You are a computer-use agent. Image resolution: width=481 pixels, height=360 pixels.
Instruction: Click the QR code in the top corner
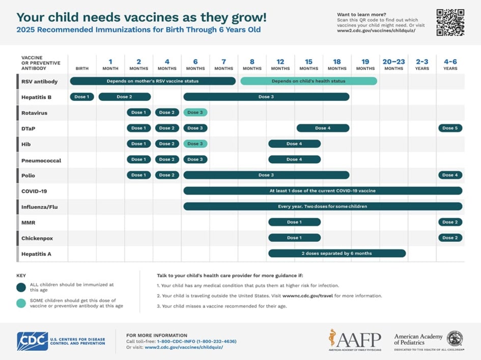click(450, 22)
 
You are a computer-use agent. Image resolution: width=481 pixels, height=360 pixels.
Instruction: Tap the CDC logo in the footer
click(33, 341)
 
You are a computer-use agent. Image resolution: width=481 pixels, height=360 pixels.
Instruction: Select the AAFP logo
click(354, 340)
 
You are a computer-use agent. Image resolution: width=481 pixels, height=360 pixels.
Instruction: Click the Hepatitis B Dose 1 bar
click(82, 97)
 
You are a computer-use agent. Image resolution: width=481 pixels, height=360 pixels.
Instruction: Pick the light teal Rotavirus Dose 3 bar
click(195, 113)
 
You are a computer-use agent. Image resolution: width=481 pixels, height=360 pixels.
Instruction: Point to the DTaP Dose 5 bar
click(450, 128)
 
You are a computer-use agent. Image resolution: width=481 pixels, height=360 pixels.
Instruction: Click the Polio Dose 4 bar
click(450, 175)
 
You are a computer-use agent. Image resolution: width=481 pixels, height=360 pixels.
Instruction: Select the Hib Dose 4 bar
click(294, 144)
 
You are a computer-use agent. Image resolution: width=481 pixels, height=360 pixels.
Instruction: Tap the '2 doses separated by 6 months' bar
click(336, 253)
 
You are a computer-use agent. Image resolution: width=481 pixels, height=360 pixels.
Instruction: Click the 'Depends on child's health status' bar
click(308, 81)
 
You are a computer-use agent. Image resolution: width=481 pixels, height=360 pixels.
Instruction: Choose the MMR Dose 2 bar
click(450, 222)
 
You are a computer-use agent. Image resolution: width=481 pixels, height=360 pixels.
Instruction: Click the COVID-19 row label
click(34, 191)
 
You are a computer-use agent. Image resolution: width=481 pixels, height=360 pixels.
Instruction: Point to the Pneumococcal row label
click(41, 160)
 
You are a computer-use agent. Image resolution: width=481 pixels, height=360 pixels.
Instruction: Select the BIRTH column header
click(82, 68)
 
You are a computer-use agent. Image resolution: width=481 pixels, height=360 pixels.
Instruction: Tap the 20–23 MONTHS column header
click(393, 65)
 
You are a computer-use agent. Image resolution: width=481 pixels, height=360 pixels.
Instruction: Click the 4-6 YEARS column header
click(450, 65)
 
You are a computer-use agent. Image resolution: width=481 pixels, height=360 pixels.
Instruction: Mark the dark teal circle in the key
click(21, 287)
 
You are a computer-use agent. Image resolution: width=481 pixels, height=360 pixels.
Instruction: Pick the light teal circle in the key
click(21, 303)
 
